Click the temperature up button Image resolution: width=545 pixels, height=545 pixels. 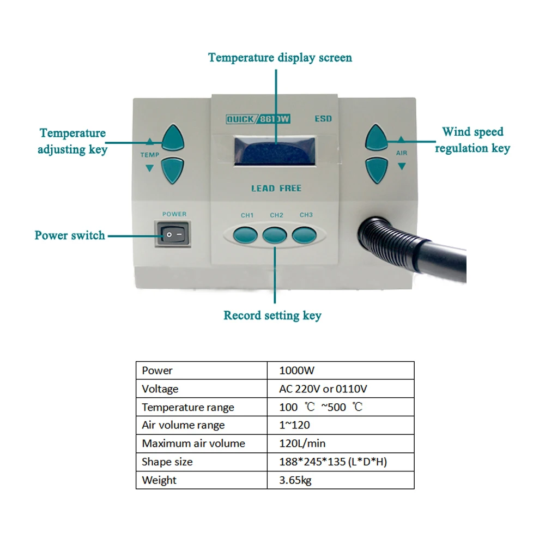pyautogui.click(x=173, y=138)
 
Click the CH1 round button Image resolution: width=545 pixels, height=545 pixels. pyautogui.click(x=245, y=235)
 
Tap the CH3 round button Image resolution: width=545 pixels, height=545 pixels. pyautogui.click(x=304, y=235)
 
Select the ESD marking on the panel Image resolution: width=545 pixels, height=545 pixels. pyautogui.click(x=323, y=119)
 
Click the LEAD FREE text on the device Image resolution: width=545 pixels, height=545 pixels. pyautogui.click(x=276, y=189)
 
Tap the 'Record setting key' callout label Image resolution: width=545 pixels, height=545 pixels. pyautogui.click(x=272, y=316)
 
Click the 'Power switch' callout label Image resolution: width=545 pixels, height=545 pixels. pyautogui.click(x=70, y=235)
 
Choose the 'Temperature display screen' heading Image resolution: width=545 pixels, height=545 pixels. pyautogui.click(x=280, y=58)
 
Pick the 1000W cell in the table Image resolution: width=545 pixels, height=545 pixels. pyautogui.click(x=296, y=371)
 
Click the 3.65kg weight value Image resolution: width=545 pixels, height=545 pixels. pyautogui.click(x=295, y=480)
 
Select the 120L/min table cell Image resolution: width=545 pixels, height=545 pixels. pyautogui.click(x=302, y=444)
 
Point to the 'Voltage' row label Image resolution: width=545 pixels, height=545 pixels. pyautogui.click(x=160, y=389)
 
